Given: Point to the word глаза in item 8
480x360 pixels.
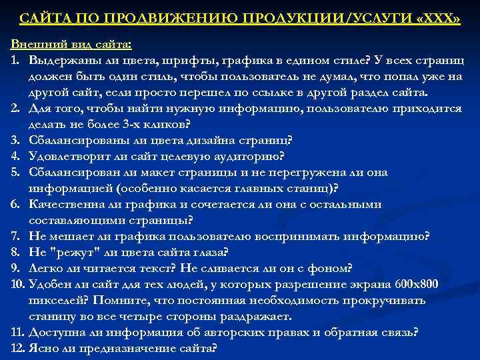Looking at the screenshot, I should pos(208,252).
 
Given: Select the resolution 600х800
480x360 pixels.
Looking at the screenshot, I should pos(412,285).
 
